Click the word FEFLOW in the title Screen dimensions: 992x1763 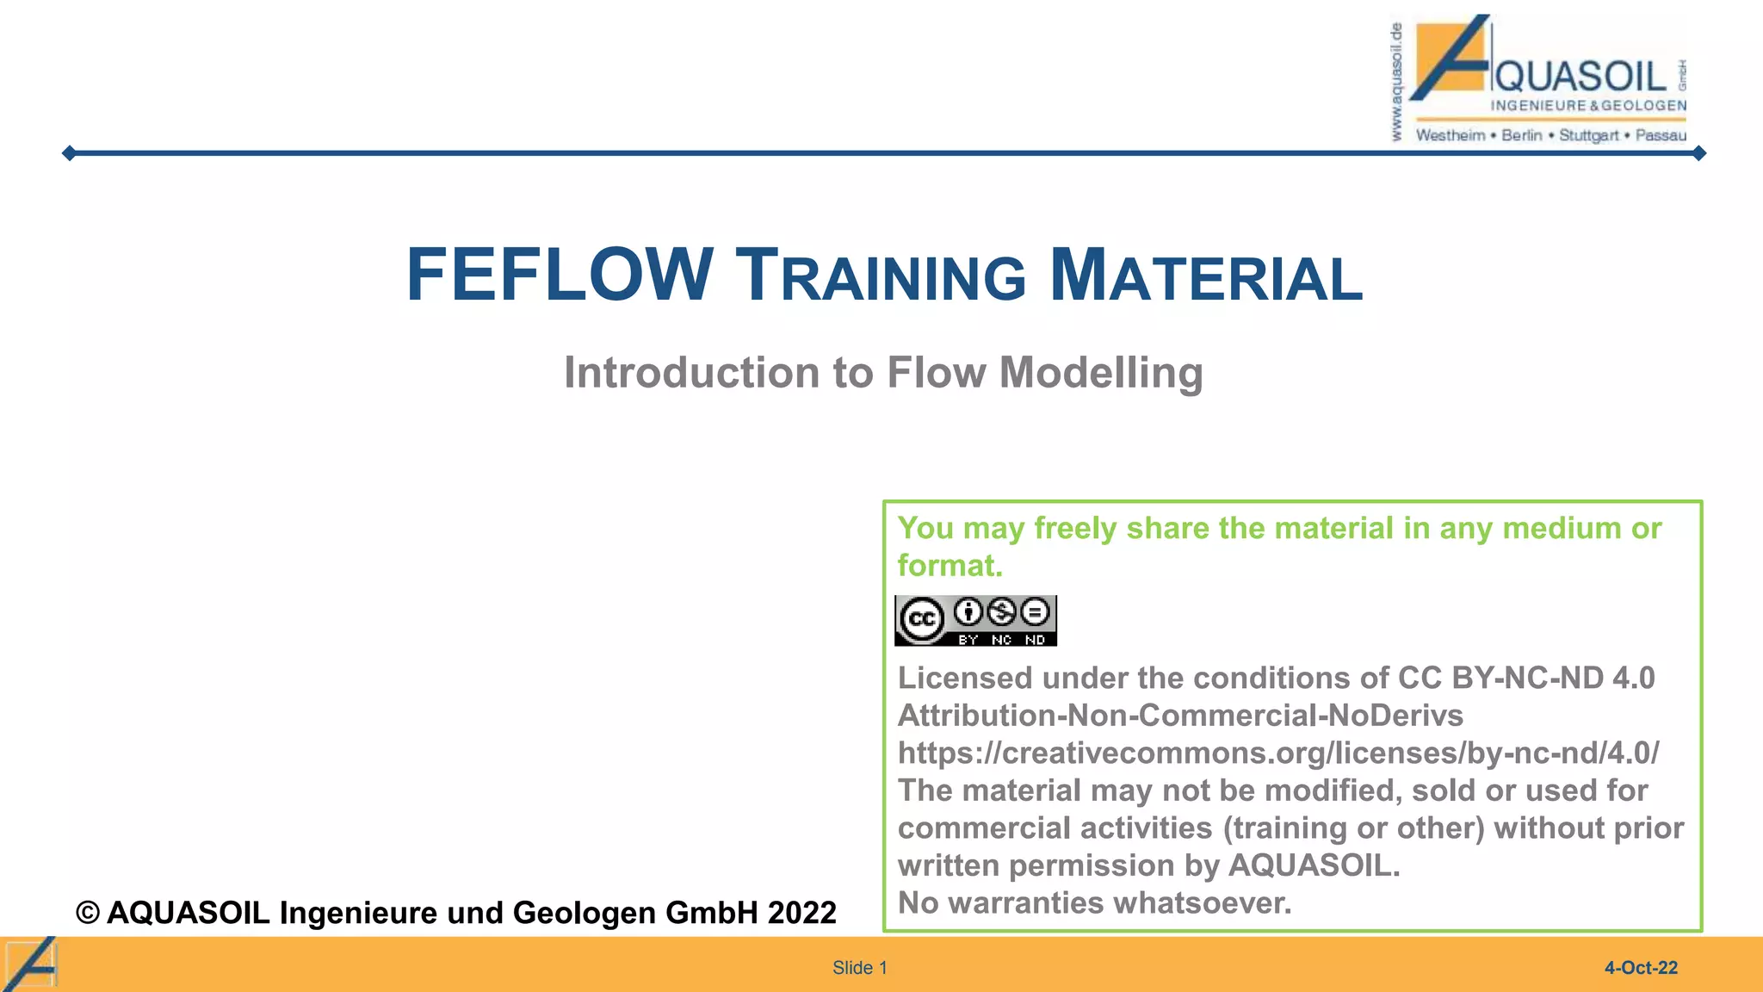560,276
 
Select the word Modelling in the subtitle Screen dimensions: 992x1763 1101,373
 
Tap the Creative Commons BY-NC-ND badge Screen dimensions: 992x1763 975,621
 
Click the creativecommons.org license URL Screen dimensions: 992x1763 1278,753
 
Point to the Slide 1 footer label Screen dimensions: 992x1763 859,968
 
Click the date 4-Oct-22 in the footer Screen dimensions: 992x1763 1641,968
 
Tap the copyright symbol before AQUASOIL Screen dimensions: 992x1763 88,913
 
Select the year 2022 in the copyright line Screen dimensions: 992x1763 801,913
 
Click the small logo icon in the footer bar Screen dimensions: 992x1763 31,964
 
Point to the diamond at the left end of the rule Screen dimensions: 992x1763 70,153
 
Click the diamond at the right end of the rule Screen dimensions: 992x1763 1698,153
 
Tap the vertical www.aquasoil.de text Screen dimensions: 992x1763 1396,83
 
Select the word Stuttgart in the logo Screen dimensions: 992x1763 1589,135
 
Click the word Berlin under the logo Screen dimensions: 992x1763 1521,135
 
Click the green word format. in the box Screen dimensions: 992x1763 950,566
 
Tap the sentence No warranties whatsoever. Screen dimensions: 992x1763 1094,903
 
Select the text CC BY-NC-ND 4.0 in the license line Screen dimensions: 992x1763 1526,679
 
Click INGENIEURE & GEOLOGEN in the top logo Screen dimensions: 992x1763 1588,106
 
